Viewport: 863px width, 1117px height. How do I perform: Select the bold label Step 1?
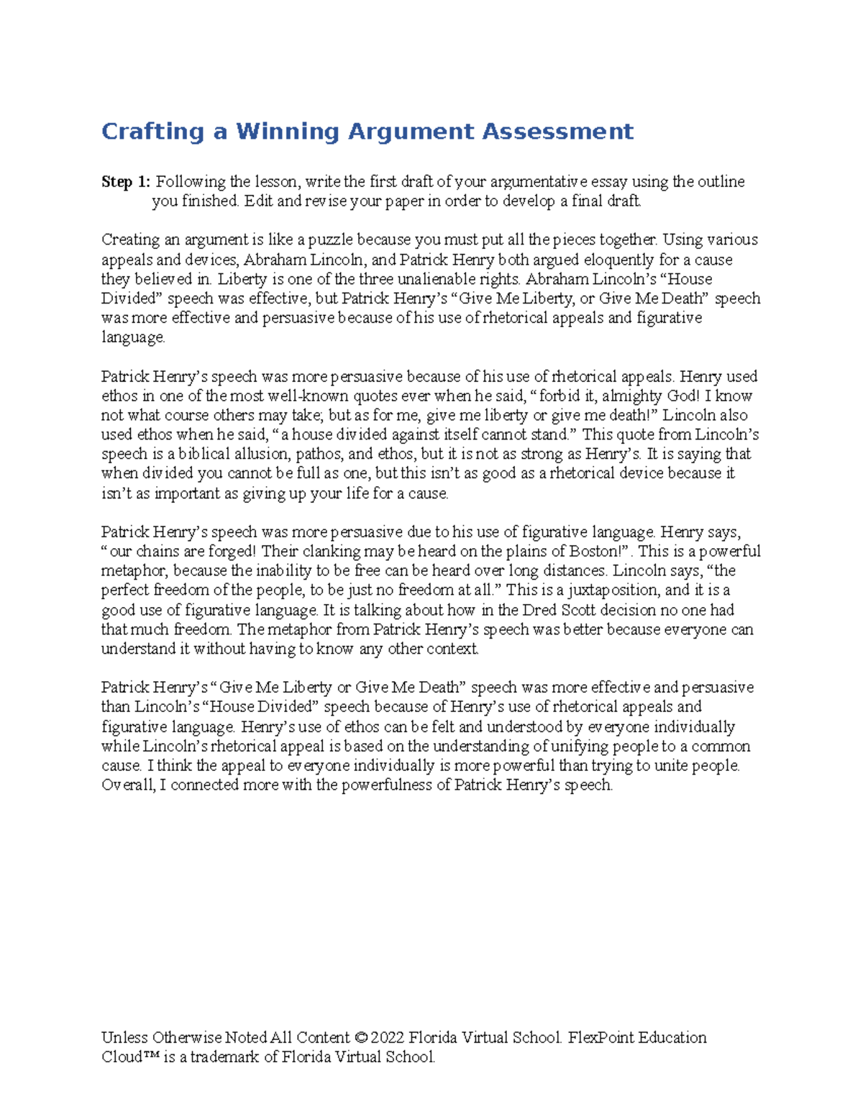[126, 182]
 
